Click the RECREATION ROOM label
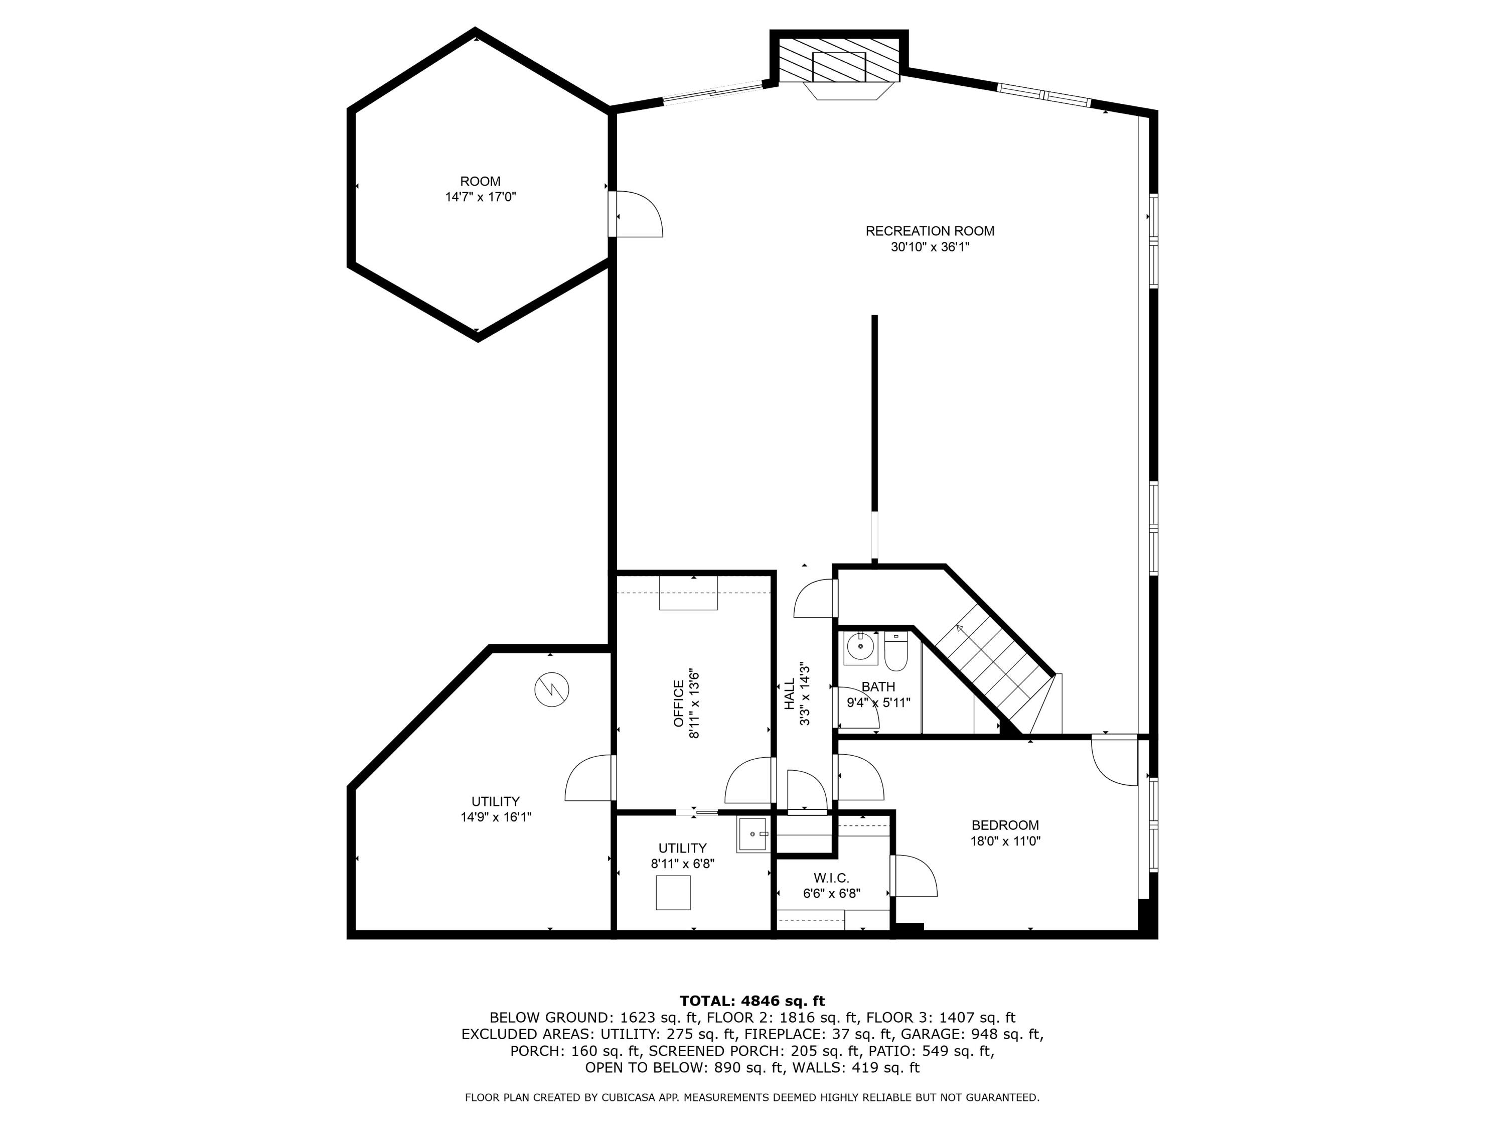coord(930,231)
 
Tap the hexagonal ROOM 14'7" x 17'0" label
coord(481,189)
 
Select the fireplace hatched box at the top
coord(839,66)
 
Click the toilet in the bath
coord(895,651)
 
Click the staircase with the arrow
coord(987,670)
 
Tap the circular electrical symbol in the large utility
coord(551,689)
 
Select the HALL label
coord(789,694)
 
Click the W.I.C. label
coord(831,879)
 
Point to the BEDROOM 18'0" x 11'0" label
coord(1005,833)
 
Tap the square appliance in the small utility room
coord(673,892)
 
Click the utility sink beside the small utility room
coord(753,834)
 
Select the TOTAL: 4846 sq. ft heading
coord(752,1001)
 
